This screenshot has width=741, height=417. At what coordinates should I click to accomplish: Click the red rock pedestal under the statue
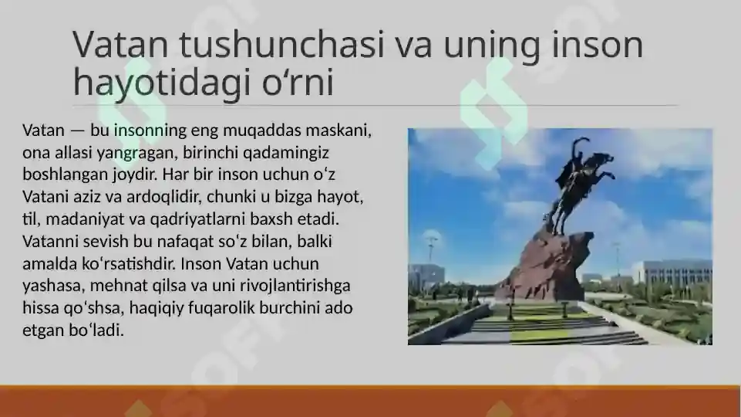click(540, 266)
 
